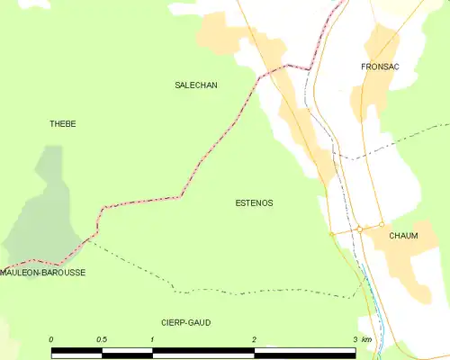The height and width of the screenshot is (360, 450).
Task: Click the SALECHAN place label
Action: (x=195, y=85)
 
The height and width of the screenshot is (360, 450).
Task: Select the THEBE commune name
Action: (x=62, y=123)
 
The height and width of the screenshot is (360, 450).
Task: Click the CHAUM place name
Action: (x=403, y=236)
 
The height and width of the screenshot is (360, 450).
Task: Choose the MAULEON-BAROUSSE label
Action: (x=43, y=272)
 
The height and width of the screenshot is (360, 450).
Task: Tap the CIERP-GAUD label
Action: (x=186, y=321)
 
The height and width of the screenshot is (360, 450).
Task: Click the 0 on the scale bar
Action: (x=51, y=339)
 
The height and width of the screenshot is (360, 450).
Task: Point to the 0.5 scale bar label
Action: (x=102, y=339)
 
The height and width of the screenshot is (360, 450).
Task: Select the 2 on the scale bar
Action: (x=254, y=339)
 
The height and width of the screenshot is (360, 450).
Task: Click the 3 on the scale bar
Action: (x=355, y=339)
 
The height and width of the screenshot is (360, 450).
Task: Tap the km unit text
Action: (x=366, y=339)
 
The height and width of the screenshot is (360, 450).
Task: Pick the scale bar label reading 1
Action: (x=153, y=339)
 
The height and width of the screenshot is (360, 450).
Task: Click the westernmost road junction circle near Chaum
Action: (x=331, y=234)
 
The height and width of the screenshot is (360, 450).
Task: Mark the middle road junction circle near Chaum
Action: (x=359, y=229)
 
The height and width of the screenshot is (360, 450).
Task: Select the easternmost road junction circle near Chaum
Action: (x=381, y=225)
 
